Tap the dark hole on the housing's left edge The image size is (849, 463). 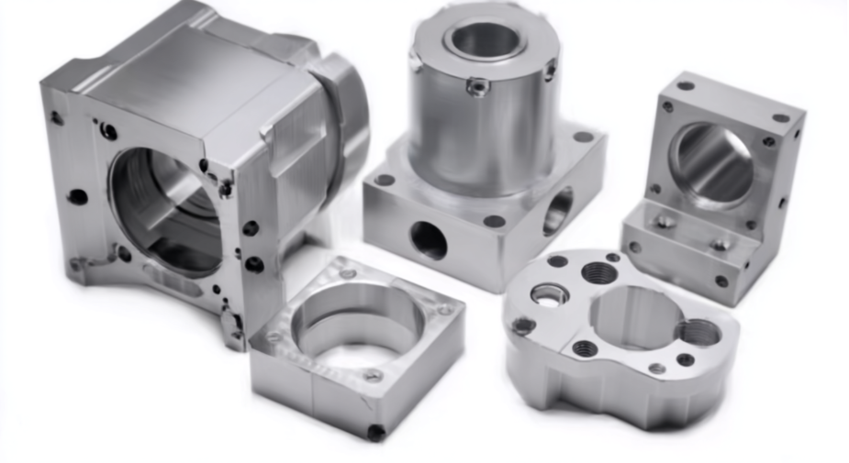coord(78,196)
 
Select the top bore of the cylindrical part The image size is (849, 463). coord(485,38)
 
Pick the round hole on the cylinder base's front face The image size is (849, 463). coord(429,240)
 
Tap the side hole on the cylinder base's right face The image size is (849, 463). coord(558,210)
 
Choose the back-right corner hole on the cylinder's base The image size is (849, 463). coord(583,138)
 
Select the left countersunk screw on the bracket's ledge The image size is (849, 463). coord(665,220)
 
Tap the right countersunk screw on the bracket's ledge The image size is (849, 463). coord(722,244)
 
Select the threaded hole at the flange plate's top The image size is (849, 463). coord(599,272)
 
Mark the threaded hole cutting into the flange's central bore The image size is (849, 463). coord(699,332)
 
